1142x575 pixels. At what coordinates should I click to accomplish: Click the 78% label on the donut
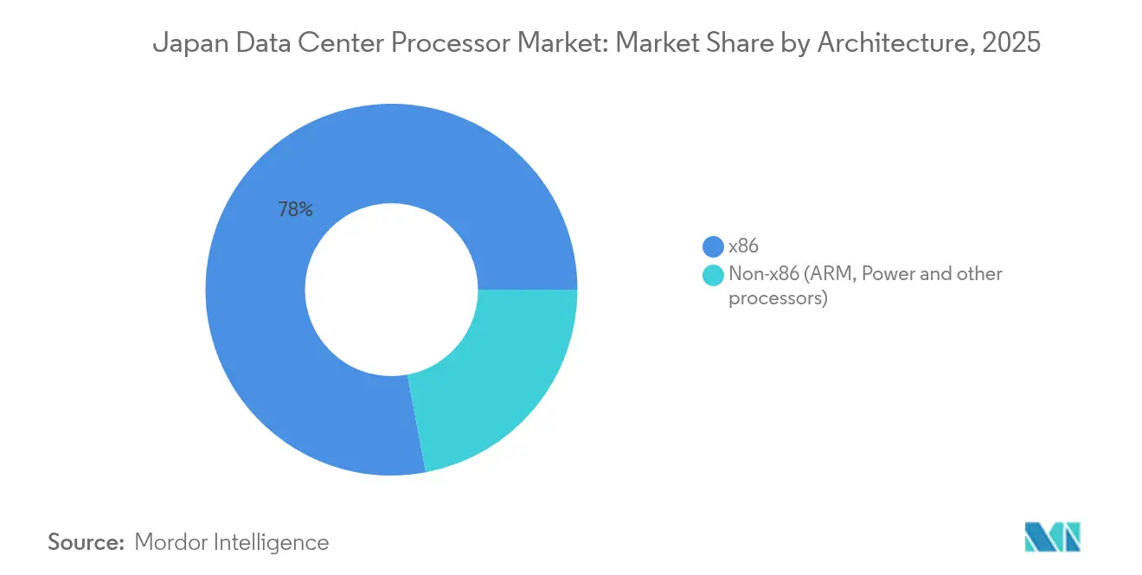pos(295,209)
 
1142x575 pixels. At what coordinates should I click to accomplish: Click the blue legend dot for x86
pos(714,246)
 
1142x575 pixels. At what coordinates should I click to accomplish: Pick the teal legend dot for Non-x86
pos(714,275)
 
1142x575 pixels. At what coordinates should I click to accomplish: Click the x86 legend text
pos(743,246)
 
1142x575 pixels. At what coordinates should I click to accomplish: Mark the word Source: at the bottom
pos(87,542)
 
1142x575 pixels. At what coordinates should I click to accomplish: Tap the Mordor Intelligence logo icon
pos(1052,537)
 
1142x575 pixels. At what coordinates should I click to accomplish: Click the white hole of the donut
pos(391,290)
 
